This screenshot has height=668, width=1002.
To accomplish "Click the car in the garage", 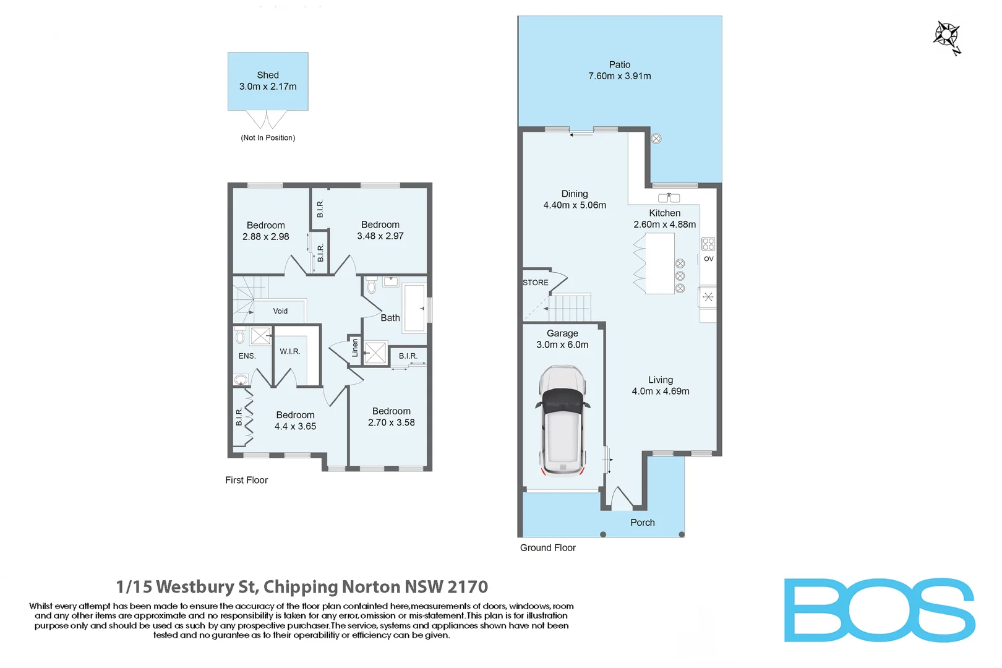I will pyautogui.click(x=562, y=421).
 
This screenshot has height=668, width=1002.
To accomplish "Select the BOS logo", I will pyautogui.click(x=879, y=610).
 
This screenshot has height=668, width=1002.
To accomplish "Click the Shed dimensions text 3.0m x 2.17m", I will pyautogui.click(x=268, y=87).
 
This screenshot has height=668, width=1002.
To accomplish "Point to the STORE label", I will pyautogui.click(x=535, y=283).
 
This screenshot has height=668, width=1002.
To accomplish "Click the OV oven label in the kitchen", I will pyautogui.click(x=708, y=259).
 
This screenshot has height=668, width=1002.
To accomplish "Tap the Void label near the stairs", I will pyautogui.click(x=280, y=311).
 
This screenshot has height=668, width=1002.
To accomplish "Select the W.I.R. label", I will pyautogui.click(x=289, y=351).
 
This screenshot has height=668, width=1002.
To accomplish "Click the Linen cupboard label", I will pyautogui.click(x=355, y=348).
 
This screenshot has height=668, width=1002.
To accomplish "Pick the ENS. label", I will pyautogui.click(x=247, y=356).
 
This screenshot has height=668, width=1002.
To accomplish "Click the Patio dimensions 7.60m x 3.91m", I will pyautogui.click(x=619, y=76).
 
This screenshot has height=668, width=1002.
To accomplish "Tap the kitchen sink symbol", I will pyautogui.click(x=669, y=198).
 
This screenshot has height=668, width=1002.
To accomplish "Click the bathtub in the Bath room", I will pyautogui.click(x=414, y=308).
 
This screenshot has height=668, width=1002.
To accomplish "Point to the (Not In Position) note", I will pyautogui.click(x=268, y=138).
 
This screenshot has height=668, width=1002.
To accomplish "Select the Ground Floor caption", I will pyautogui.click(x=547, y=547).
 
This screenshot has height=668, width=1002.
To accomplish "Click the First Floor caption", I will pyautogui.click(x=246, y=480).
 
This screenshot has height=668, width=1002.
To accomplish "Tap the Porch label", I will pyautogui.click(x=642, y=523).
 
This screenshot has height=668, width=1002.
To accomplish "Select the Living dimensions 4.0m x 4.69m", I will pyautogui.click(x=660, y=391).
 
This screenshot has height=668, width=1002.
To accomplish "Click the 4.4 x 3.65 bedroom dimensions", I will pyautogui.click(x=295, y=426).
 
